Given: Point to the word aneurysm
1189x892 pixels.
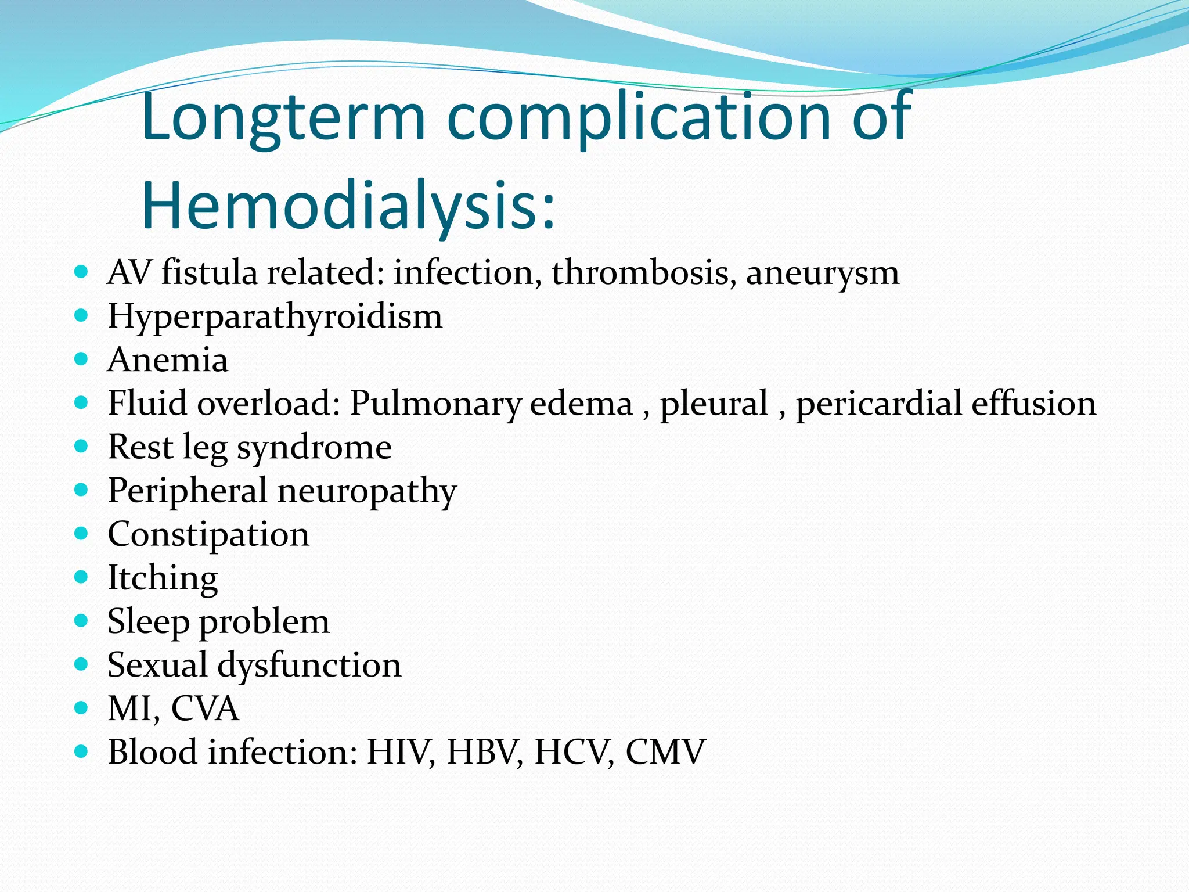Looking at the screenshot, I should [x=823, y=274].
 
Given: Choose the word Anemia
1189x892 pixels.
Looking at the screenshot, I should [x=168, y=360].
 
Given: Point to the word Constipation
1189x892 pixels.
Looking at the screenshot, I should [x=208, y=535].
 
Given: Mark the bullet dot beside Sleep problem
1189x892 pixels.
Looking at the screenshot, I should [x=81, y=621].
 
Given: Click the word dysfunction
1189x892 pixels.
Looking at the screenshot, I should [x=309, y=666].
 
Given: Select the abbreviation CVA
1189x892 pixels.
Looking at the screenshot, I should [x=206, y=708].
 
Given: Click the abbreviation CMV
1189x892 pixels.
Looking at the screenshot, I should [x=665, y=752].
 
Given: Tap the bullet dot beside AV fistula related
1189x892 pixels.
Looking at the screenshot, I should [x=81, y=271].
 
